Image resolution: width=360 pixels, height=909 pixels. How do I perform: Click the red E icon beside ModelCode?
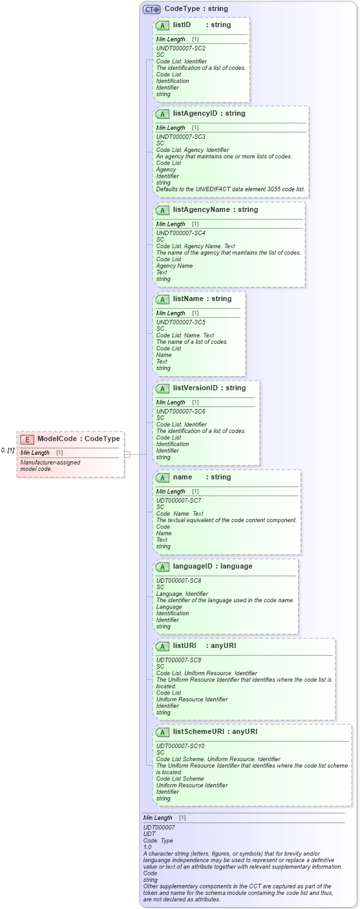(x=27, y=439)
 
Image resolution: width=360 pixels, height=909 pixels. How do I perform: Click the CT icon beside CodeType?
(x=152, y=10)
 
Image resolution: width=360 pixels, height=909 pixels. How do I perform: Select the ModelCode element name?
(x=57, y=439)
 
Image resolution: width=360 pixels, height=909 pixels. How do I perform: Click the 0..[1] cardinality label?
(x=8, y=450)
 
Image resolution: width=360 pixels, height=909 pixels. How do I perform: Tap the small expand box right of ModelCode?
(x=127, y=454)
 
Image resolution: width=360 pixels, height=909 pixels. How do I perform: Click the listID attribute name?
(x=182, y=25)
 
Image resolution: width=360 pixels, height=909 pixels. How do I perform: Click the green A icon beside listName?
(x=163, y=299)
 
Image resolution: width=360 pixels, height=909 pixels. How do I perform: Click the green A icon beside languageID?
(x=163, y=567)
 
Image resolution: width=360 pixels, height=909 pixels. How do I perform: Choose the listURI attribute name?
(x=184, y=646)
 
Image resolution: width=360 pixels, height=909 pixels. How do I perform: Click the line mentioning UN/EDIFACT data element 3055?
(x=230, y=189)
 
